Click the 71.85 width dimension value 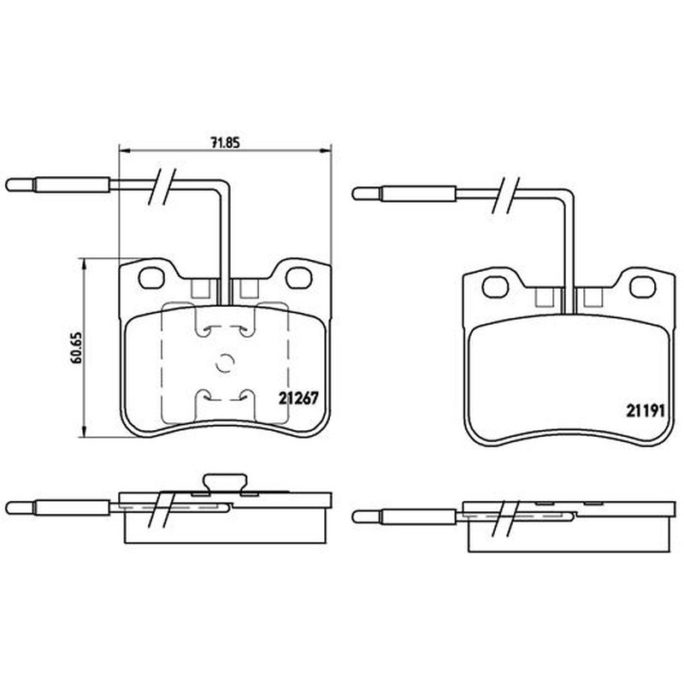point(225,142)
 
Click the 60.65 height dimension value point(76,348)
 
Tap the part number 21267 point(298,398)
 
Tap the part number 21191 point(646,410)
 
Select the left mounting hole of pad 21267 point(151,278)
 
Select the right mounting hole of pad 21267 point(298,277)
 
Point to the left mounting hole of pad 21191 point(496,287)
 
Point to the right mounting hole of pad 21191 point(643,287)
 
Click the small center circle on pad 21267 point(225,363)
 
